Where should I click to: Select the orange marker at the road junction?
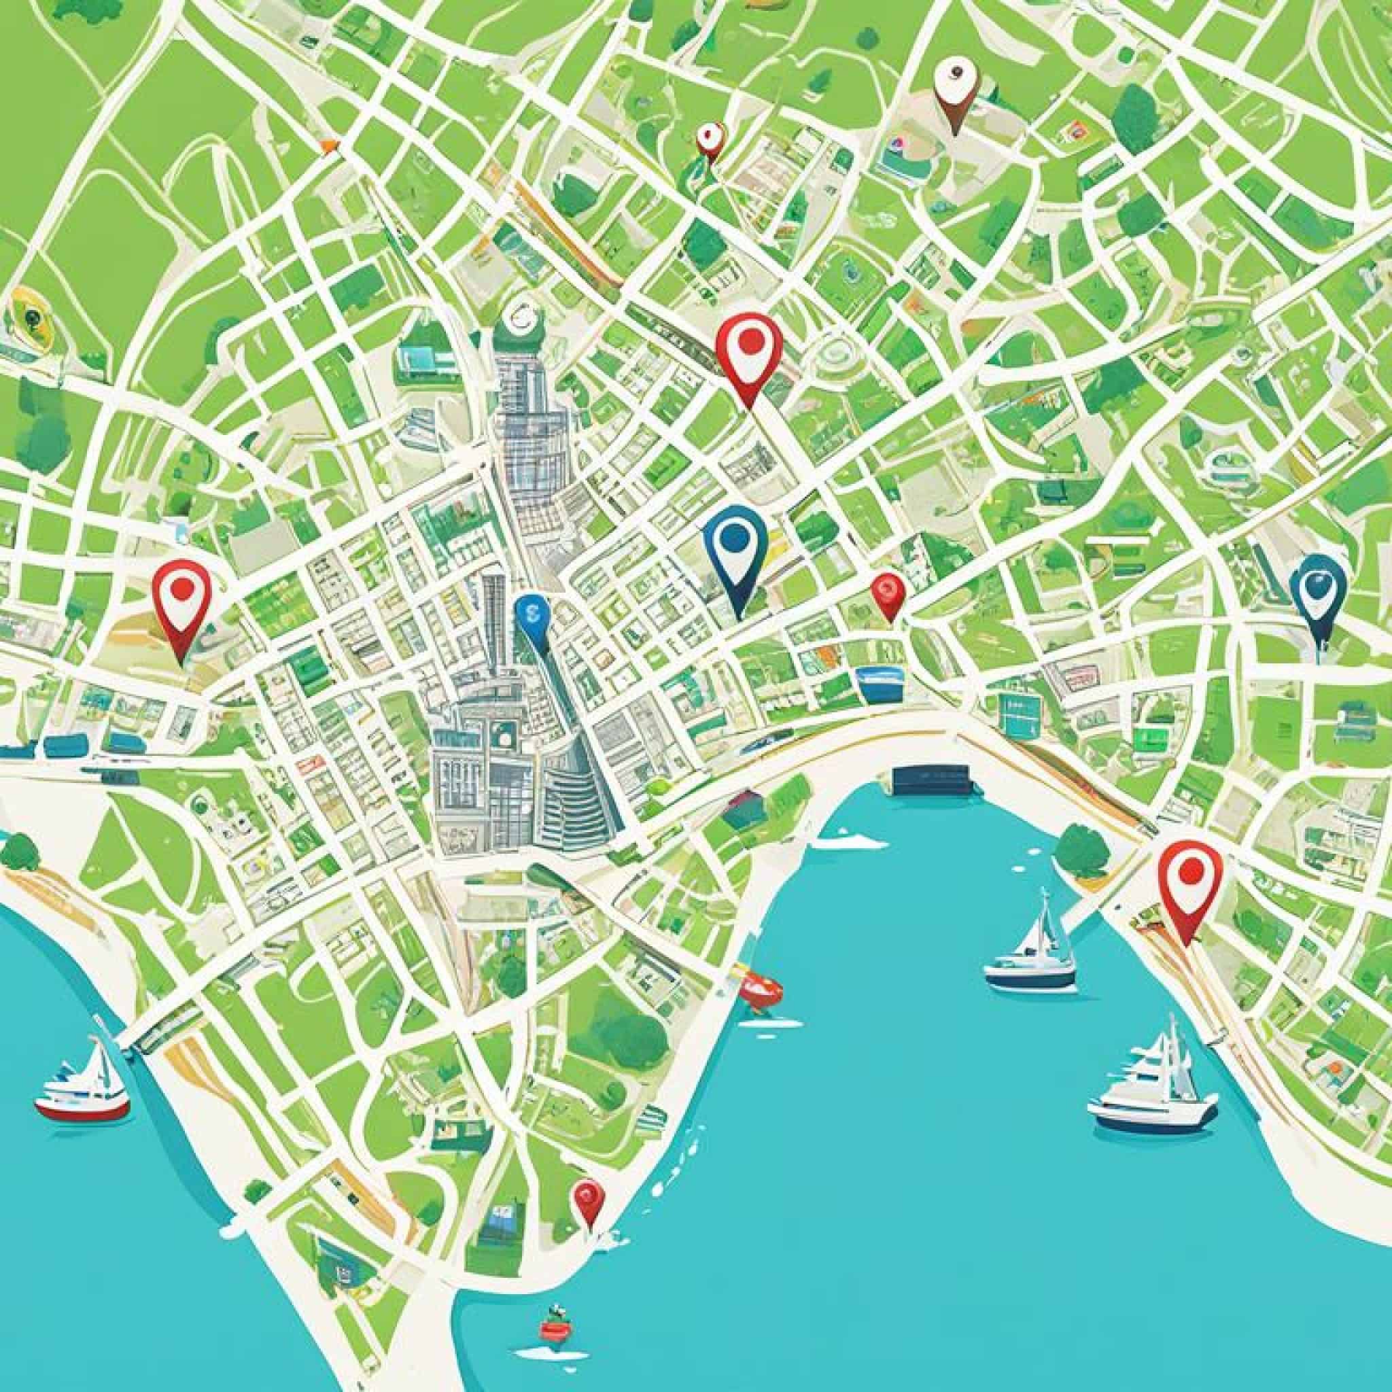coord(329,146)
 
